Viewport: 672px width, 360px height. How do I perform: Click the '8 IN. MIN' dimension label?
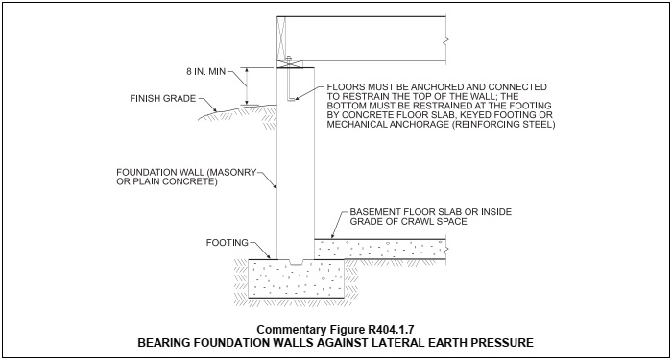pyautogui.click(x=205, y=72)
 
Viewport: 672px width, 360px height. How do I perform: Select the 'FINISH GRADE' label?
pyautogui.click(x=163, y=99)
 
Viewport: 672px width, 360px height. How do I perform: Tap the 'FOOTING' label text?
pyautogui.click(x=228, y=243)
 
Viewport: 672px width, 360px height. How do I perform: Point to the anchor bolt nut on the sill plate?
pyautogui.click(x=288, y=58)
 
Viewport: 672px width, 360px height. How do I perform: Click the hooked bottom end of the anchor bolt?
pyautogui.click(x=291, y=99)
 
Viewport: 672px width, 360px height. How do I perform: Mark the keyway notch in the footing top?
pyautogui.click(x=296, y=261)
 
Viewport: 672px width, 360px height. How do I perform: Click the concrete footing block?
pyautogui.click(x=297, y=278)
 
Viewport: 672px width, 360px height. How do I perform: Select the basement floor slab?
pyautogui.click(x=380, y=249)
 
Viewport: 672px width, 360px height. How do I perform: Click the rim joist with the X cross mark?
pyautogui.click(x=281, y=38)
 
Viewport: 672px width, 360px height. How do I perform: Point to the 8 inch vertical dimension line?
pyautogui.click(x=247, y=85)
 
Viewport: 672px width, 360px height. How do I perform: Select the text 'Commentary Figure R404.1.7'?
pyautogui.click(x=336, y=330)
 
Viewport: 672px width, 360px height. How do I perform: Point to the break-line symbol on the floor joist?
pyautogui.click(x=446, y=41)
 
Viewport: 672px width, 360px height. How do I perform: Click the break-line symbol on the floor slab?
pyautogui.click(x=446, y=249)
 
